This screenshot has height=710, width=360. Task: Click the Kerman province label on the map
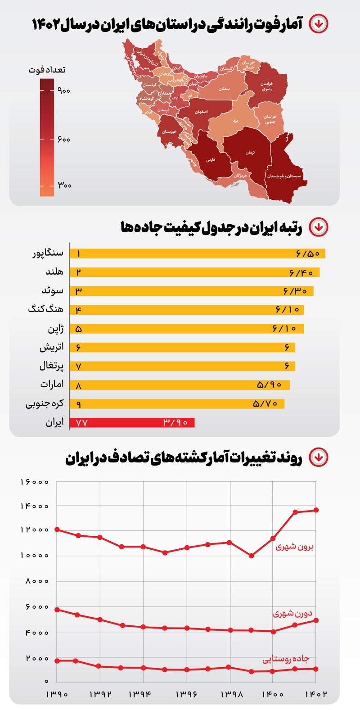(x=250, y=153)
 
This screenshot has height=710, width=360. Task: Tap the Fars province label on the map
(x=211, y=160)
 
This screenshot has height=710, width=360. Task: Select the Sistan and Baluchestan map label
(x=284, y=176)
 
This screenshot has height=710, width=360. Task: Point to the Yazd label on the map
(x=235, y=121)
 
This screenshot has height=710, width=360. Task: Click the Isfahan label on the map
(x=201, y=112)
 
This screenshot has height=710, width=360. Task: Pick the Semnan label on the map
(x=224, y=89)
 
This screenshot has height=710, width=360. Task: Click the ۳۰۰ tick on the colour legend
(x=64, y=185)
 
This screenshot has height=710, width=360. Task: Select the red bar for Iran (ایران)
(x=132, y=423)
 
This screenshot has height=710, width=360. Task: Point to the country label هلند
(x=54, y=271)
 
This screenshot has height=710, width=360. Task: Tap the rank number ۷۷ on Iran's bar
(x=81, y=423)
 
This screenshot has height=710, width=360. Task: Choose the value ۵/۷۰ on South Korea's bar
(x=265, y=404)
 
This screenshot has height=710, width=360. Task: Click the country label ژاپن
(x=56, y=329)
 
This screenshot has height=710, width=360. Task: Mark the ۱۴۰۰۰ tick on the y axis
(x=35, y=506)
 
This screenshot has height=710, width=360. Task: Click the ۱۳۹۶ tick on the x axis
(x=187, y=694)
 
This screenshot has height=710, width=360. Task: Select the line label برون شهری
(x=294, y=547)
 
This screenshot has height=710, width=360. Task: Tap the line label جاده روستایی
(x=286, y=659)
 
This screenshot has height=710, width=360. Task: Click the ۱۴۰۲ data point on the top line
(x=316, y=510)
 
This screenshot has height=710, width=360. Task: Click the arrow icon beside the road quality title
(x=319, y=227)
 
